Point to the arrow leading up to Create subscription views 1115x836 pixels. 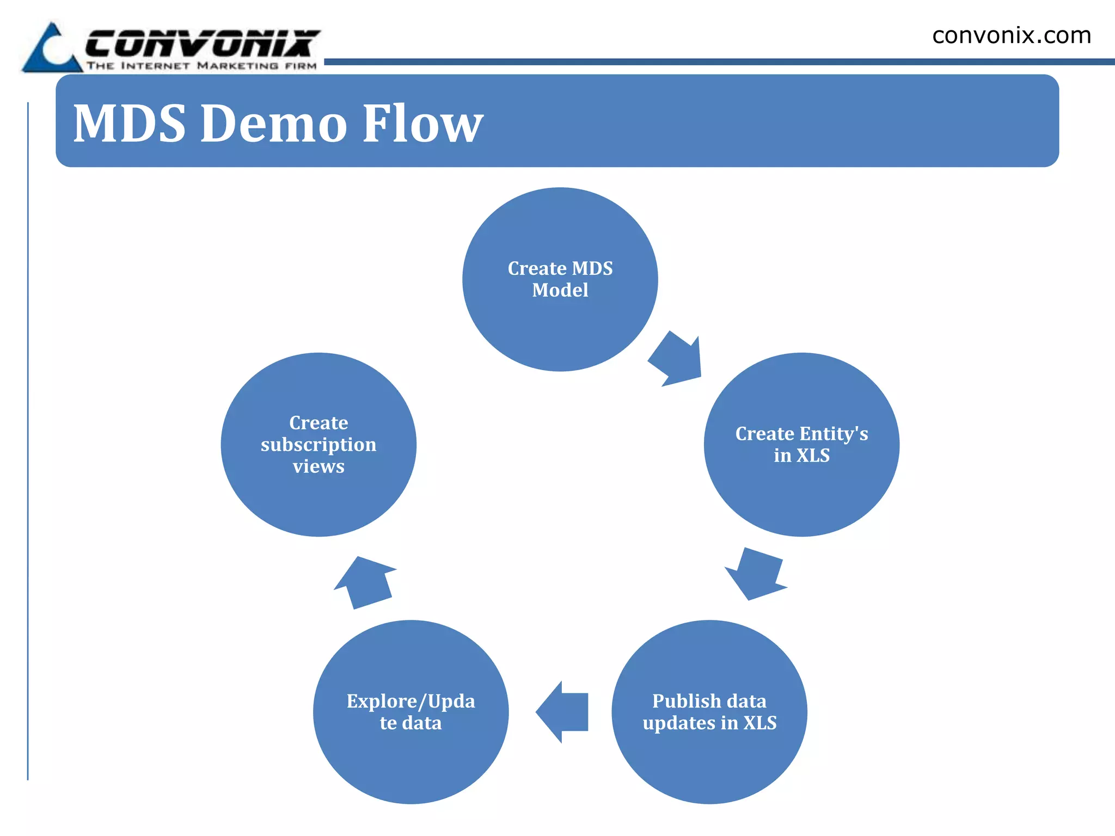[x=365, y=582]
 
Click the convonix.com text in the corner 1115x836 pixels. [x=1012, y=36]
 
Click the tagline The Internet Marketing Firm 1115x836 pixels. [x=201, y=66]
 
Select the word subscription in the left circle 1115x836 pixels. [x=318, y=445]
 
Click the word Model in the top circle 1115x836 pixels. [x=560, y=290]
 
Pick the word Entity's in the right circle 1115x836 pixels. [x=834, y=434]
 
